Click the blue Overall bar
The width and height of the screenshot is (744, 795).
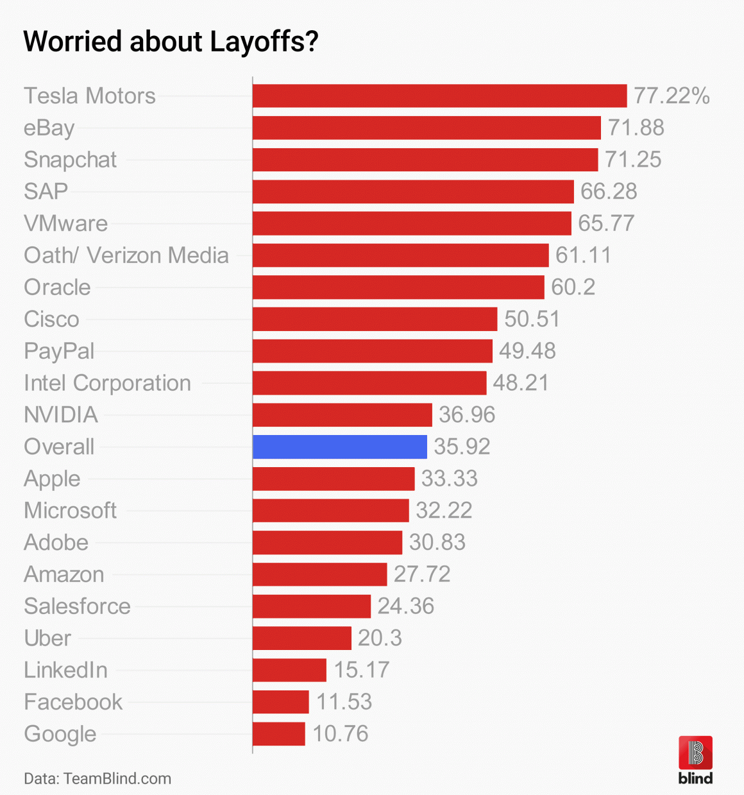340,447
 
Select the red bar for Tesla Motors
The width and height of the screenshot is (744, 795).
439,96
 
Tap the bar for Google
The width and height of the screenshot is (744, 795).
279,733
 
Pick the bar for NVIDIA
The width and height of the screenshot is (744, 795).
342,415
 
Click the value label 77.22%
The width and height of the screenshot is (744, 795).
672,96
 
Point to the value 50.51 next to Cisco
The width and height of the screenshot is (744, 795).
532,319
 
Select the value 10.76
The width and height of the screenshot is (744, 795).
341,733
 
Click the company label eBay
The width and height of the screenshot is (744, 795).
49,128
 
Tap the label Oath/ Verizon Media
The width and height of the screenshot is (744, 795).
126,255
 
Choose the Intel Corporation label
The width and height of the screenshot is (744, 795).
107,383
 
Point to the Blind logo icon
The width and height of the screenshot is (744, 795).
695,753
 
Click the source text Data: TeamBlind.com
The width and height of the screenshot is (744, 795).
97,778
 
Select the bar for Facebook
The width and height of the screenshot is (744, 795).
281,701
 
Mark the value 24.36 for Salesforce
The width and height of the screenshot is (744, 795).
405,606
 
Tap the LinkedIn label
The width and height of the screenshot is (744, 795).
65,670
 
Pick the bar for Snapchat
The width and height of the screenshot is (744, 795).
425,160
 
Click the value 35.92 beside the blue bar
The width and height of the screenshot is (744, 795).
462,447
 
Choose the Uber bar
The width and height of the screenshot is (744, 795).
302,638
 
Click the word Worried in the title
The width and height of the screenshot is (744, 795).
72,41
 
